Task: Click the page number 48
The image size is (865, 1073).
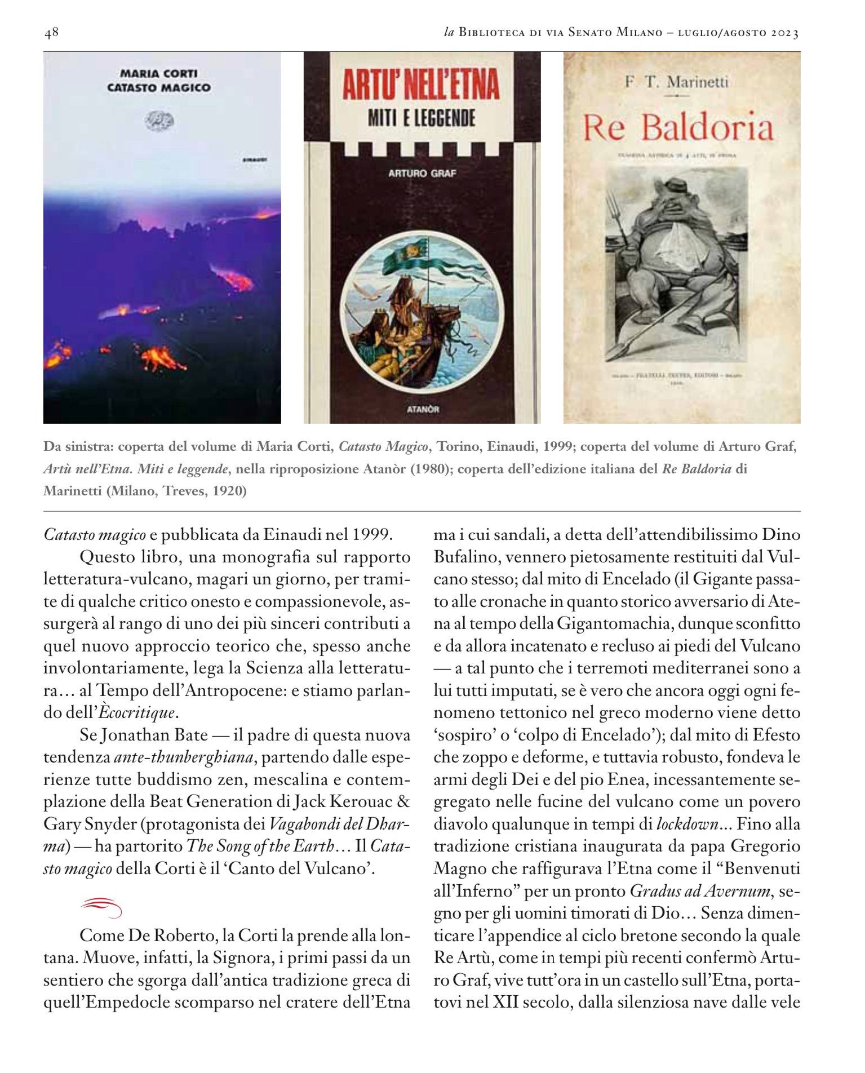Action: pyautogui.click(x=51, y=33)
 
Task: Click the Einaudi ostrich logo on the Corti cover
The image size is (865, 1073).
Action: pyautogui.click(x=160, y=119)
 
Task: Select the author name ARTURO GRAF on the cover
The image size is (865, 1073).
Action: pyautogui.click(x=422, y=174)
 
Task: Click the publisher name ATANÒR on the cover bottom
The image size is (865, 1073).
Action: pyautogui.click(x=423, y=409)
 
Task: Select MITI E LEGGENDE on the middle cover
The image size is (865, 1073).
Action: pyautogui.click(x=422, y=118)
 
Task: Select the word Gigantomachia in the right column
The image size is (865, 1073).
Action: pyautogui.click(x=614, y=624)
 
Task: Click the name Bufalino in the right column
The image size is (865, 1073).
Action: pyautogui.click(x=465, y=557)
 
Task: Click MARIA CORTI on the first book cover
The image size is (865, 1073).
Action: pyautogui.click(x=159, y=73)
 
